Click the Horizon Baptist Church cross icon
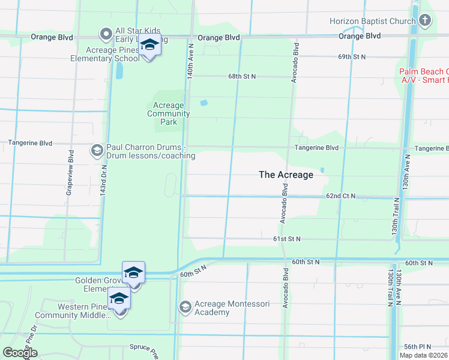click(425, 21)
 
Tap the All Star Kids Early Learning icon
click(106, 34)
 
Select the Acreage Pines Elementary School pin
click(149, 46)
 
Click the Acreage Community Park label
click(169, 113)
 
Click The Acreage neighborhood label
click(286, 175)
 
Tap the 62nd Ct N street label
click(341, 196)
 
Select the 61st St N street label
click(286, 239)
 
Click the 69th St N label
click(352, 56)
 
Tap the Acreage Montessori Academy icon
click(185, 308)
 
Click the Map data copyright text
click(424, 355)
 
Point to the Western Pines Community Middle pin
click(119, 300)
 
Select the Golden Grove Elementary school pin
click(133, 275)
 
